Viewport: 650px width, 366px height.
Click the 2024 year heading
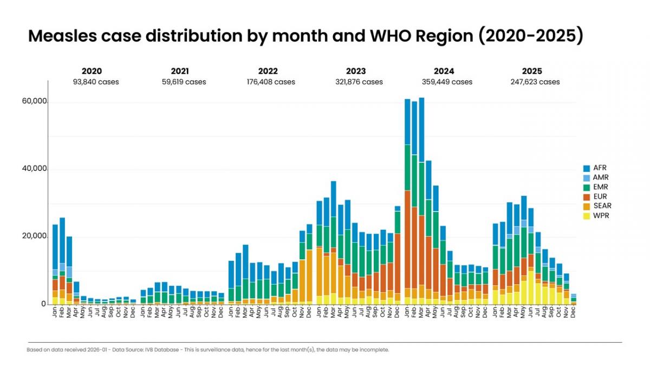pyautogui.click(x=444, y=71)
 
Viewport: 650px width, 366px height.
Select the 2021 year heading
pyautogui.click(x=180, y=71)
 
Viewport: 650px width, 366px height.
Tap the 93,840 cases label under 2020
pyautogui.click(x=96, y=82)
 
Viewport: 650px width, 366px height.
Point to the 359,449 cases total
pyautogui.click(x=447, y=82)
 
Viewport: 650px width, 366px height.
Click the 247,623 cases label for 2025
pyautogui.click(x=535, y=82)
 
